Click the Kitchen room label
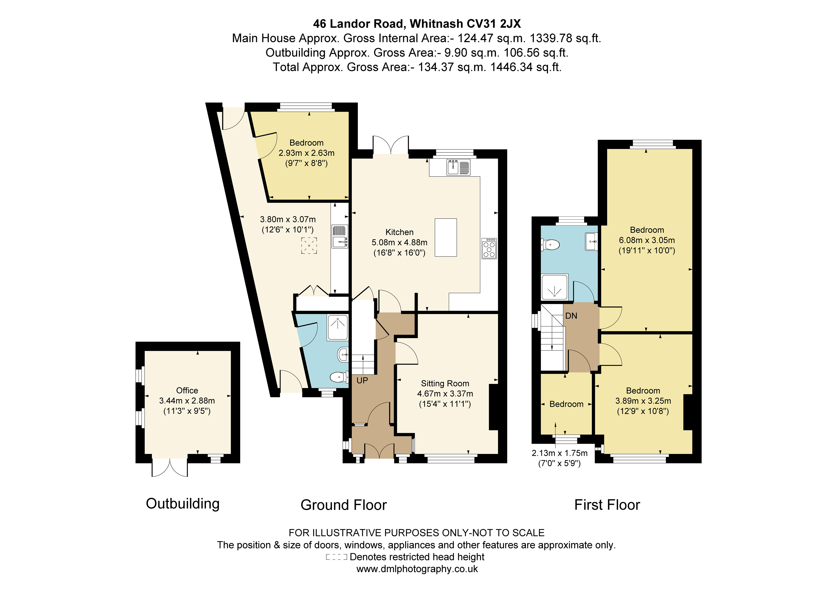(399, 232)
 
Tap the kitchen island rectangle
(446, 237)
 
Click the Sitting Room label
(445, 384)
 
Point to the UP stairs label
(362, 380)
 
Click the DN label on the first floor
(571, 316)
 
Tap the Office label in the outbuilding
(187, 390)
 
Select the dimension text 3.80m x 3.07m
(288, 220)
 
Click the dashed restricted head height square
(309, 245)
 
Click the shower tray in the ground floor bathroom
(337, 328)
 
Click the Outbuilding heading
(183, 504)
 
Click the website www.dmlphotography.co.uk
(417, 569)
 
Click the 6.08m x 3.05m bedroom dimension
(647, 240)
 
